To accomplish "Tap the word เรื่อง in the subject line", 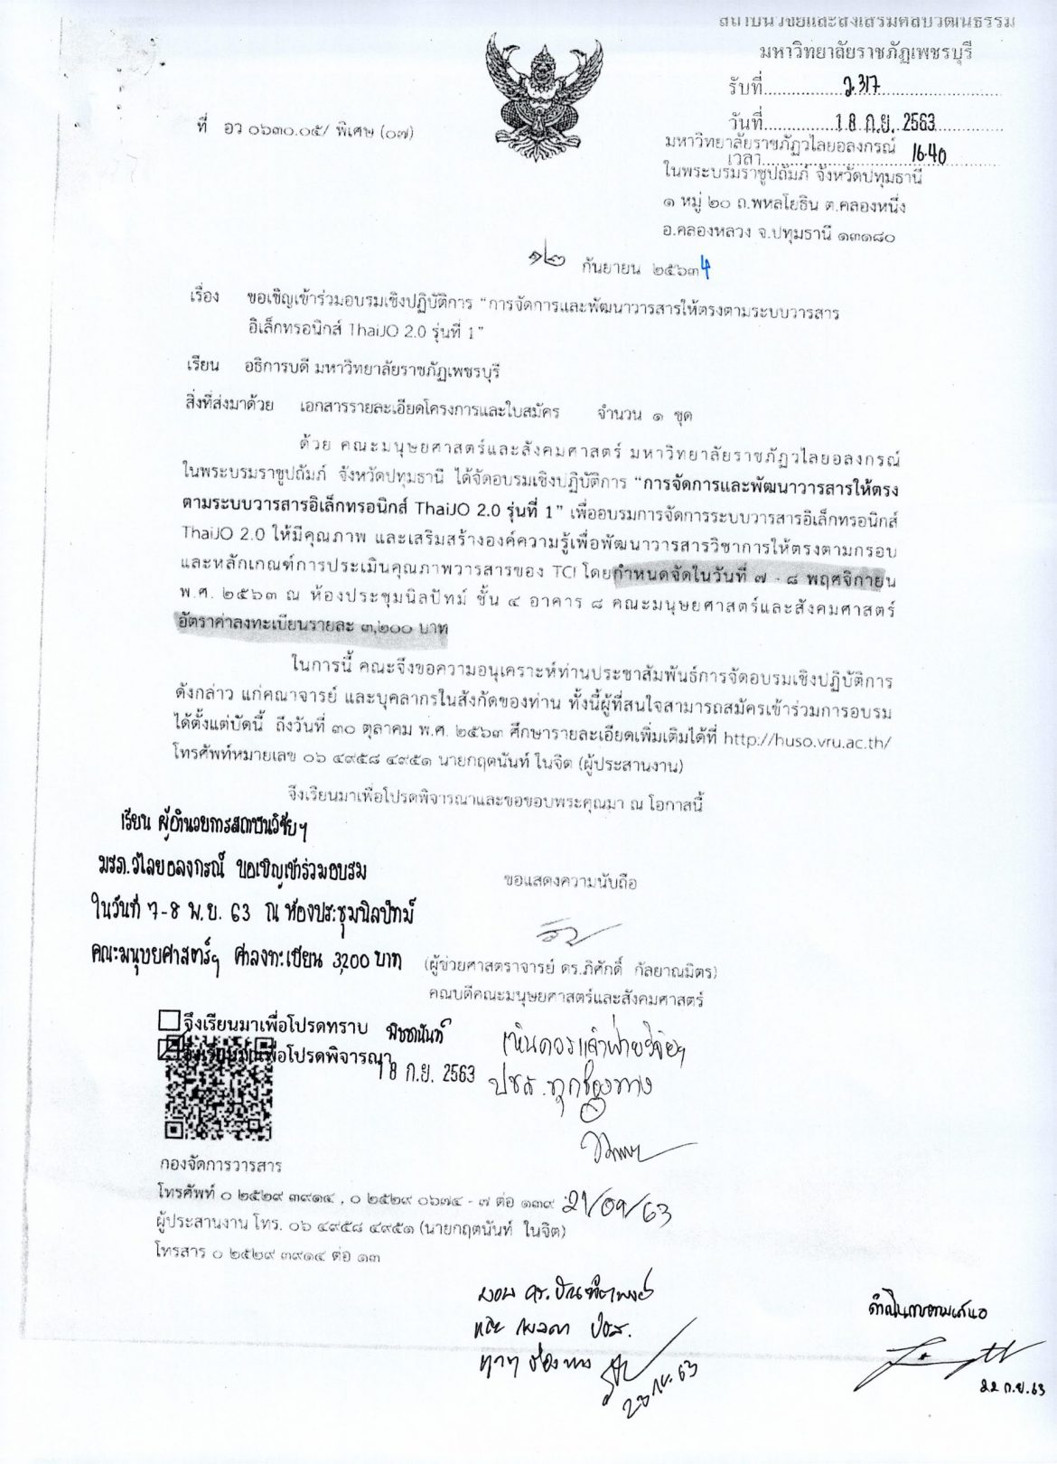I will tap(204, 296).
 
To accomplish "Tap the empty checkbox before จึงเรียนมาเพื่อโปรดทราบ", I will tap(169, 1020).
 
